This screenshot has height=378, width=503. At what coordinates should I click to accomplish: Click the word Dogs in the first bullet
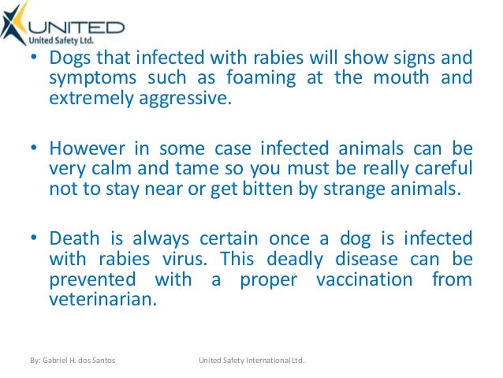pos(69,60)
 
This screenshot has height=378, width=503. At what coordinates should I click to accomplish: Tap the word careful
pos(438,169)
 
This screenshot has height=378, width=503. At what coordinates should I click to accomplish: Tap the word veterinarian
pos(98,300)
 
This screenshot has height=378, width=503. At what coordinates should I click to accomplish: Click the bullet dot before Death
pos(37,239)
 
